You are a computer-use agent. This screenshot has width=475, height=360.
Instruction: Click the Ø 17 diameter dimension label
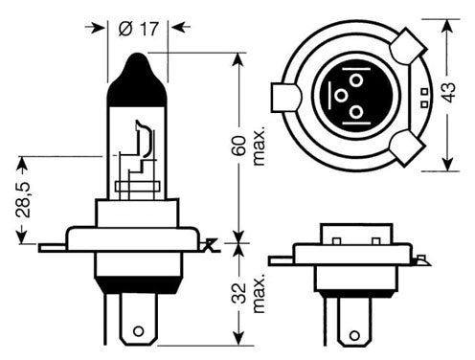[x=138, y=29]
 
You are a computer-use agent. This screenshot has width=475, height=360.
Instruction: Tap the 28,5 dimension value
[x=23, y=200]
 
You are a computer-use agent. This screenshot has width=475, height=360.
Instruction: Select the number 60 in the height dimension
[x=239, y=146]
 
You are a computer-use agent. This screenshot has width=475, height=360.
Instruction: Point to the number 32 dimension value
[x=239, y=293]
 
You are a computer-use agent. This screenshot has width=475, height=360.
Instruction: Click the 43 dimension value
[x=448, y=92]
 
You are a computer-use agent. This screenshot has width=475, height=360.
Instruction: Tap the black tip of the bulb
[x=137, y=79]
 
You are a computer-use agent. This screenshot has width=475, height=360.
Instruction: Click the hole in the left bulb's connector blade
[x=138, y=331]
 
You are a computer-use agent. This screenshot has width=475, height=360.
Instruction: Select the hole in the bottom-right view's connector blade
[x=354, y=335]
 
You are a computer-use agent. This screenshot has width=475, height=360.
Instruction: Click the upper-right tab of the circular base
[x=408, y=46]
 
